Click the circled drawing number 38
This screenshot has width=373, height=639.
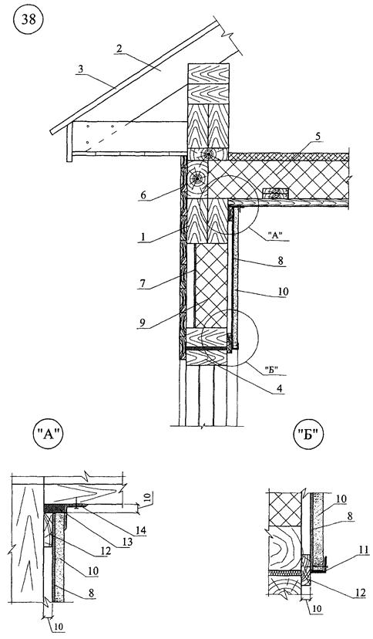click(29, 20)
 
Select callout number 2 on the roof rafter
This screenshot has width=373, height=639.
click(119, 49)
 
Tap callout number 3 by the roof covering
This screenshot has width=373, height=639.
click(81, 69)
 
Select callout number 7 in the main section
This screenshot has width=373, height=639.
click(142, 283)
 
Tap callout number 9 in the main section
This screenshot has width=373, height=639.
click(142, 323)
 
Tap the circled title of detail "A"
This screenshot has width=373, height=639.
click(49, 434)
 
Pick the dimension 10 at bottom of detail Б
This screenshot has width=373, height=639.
click(318, 609)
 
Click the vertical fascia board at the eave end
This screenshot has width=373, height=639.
click(69, 142)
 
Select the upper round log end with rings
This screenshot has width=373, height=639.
click(209, 154)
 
